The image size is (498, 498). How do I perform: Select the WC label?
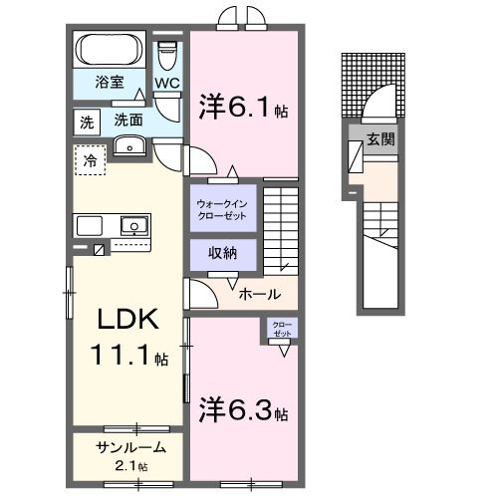tap(166, 84)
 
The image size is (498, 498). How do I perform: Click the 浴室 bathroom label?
tap(109, 83)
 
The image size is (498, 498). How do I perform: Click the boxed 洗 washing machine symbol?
tap(86, 122)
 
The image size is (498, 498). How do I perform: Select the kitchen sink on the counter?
tap(133, 224)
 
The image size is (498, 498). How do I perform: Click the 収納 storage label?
tap(222, 253)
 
